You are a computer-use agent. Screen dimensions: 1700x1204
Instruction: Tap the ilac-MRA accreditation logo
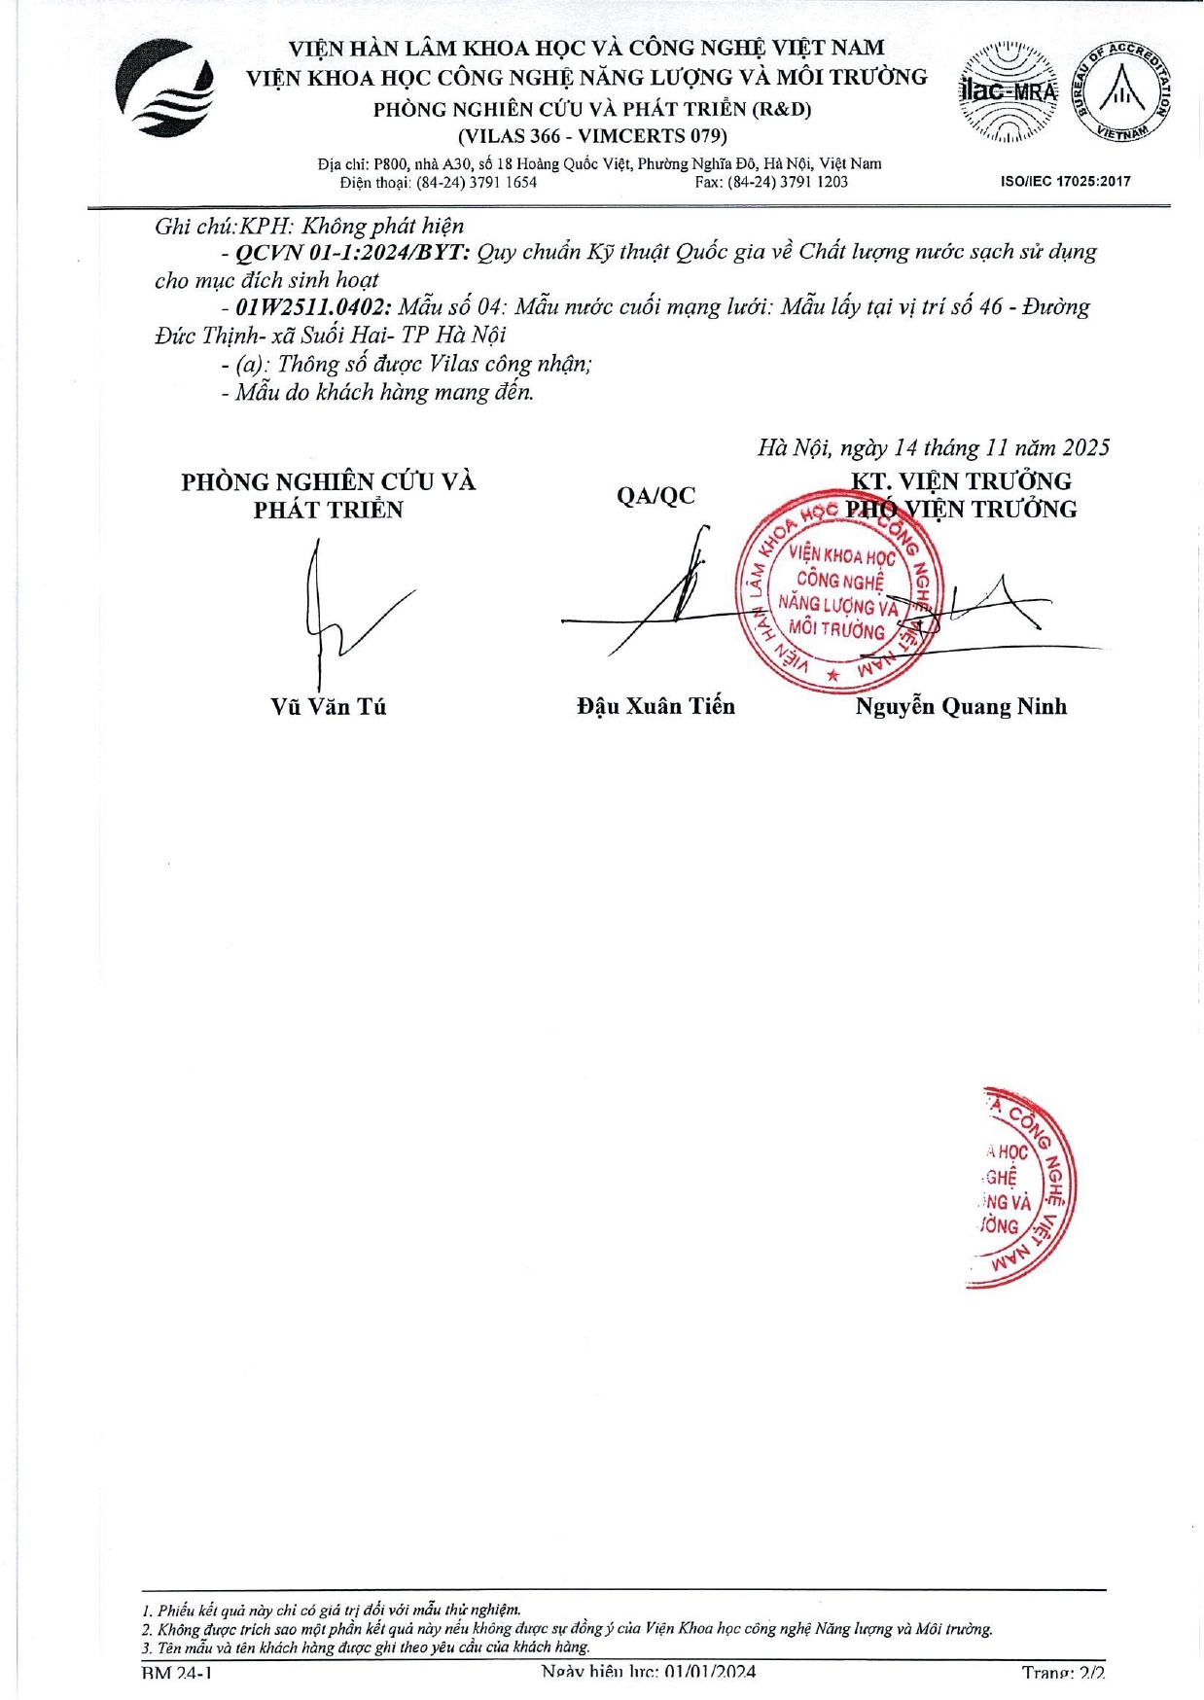click(x=1009, y=92)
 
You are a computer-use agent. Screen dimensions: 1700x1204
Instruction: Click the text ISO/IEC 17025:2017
click(x=1065, y=181)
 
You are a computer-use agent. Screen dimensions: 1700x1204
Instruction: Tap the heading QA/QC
click(x=655, y=496)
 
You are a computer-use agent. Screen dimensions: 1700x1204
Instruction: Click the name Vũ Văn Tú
click(x=328, y=707)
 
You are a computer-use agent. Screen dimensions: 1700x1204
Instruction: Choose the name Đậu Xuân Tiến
click(x=655, y=707)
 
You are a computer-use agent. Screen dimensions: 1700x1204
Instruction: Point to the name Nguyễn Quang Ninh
click(x=961, y=707)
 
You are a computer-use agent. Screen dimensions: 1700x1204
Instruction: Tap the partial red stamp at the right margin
click(x=1021, y=1186)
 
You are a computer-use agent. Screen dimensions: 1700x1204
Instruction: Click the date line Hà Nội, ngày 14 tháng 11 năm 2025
click(x=933, y=447)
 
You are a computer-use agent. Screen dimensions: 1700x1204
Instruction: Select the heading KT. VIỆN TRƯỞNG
click(x=961, y=481)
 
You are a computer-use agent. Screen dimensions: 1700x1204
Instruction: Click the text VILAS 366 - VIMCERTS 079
click(x=592, y=136)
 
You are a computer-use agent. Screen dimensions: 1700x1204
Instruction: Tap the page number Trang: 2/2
click(x=1062, y=1673)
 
